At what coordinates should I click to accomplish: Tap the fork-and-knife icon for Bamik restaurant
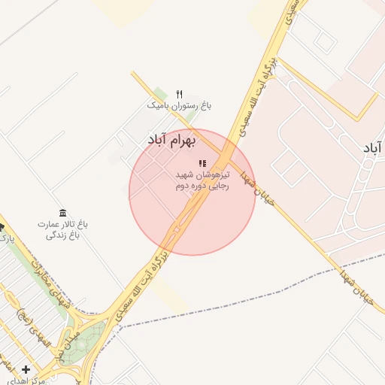pos(179,94)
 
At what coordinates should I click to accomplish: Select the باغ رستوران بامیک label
pos(180,107)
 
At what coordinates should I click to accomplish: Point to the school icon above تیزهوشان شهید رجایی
pos(202,163)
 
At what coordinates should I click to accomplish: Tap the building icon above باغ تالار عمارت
pos(62,214)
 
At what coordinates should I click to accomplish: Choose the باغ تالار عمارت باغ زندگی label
pos(63,230)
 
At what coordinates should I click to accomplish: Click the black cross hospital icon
pos(26,369)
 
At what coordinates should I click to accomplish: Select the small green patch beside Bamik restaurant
pos(160,94)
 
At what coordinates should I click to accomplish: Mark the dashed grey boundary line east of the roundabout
pos(226,305)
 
